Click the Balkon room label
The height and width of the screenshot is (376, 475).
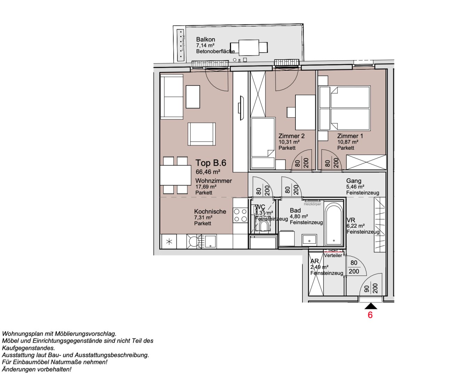pyautogui.click(x=205, y=39)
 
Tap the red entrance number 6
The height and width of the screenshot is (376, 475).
pyautogui.click(x=370, y=315)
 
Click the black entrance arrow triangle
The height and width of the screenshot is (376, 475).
pyautogui.click(x=371, y=306)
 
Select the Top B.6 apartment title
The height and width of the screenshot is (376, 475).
pyautogui.click(x=211, y=163)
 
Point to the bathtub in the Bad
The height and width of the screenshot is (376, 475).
pyautogui.click(x=334, y=224)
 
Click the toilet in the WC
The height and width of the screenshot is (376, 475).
pyautogui.click(x=264, y=227)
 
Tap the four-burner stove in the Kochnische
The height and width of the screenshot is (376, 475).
pyautogui.click(x=240, y=215)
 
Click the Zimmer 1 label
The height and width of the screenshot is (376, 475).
pyautogui.click(x=350, y=136)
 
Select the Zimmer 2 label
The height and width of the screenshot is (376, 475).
pyautogui.click(x=291, y=136)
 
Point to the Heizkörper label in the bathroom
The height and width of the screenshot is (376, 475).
pyautogui.click(x=312, y=204)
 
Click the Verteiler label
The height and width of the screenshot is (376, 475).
pyautogui.click(x=333, y=255)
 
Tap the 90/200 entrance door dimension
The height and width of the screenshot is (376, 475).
pyautogui.click(x=371, y=288)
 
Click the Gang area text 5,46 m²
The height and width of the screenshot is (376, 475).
pyautogui.click(x=355, y=187)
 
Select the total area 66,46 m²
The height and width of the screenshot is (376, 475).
pyautogui.click(x=208, y=172)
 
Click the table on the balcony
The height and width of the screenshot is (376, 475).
pyautogui.click(x=249, y=47)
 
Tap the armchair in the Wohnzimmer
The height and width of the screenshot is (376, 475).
pyautogui.click(x=201, y=134)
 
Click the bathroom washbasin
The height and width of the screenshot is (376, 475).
pyautogui.click(x=309, y=240)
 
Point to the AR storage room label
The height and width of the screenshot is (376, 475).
pyautogui.click(x=315, y=261)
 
